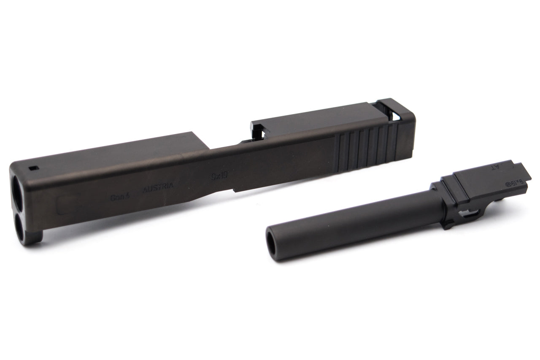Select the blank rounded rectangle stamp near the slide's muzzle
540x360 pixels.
tap(67, 206)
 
